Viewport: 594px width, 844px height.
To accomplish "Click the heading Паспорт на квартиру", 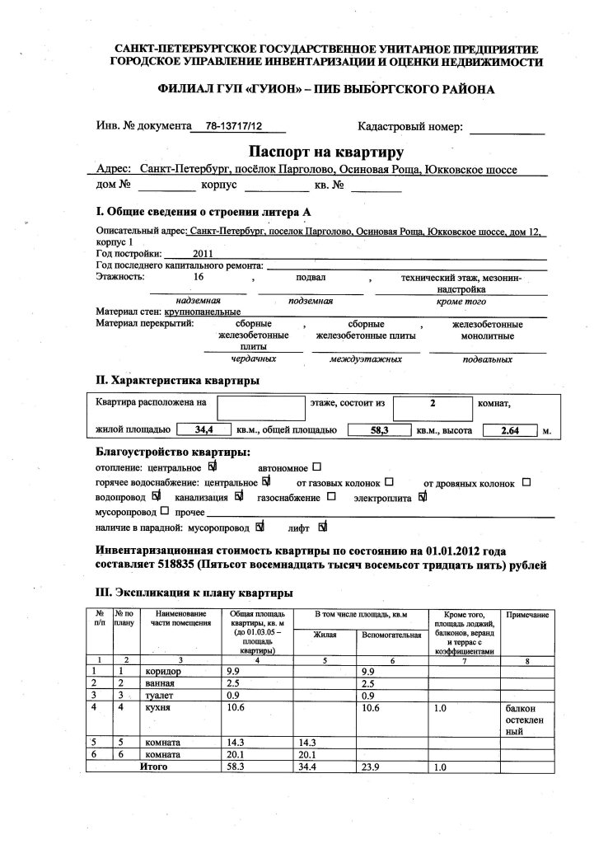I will pyautogui.click(x=325, y=152).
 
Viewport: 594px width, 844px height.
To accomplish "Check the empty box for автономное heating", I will pyautogui.click(x=316, y=467).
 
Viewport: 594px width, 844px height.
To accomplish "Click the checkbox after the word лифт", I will pyautogui.click(x=322, y=526).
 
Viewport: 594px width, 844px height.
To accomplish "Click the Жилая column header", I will pyautogui.click(x=323, y=635).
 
